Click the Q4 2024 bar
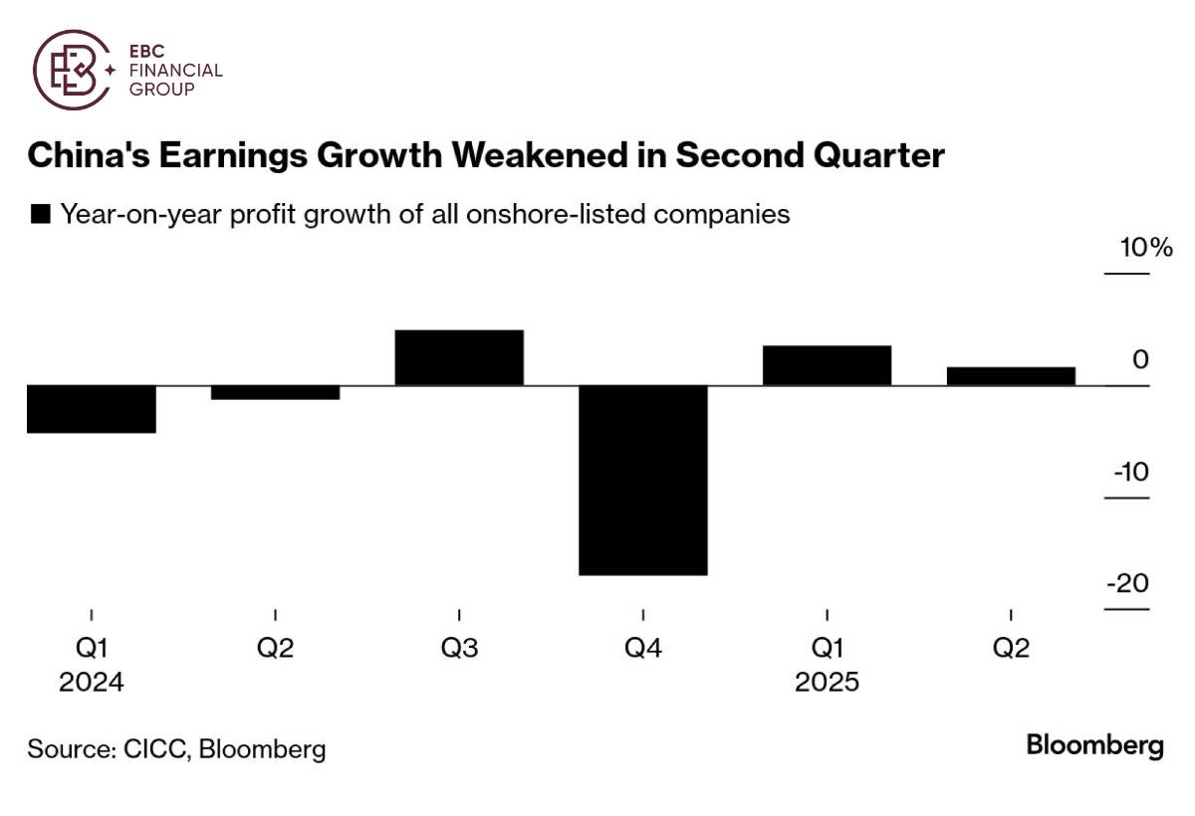coord(643,480)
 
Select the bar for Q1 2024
coord(92,409)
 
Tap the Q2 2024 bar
coord(275,392)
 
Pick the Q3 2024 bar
coord(459,357)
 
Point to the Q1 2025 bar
coord(827,365)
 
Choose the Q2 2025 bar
coord(1011,376)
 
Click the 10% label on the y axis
coord(1146,248)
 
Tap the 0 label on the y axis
coord(1140,359)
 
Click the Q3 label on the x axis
coord(459,649)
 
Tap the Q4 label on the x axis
coord(643,649)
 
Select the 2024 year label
coord(92,684)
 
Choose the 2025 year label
coord(827,684)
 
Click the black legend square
coord(42,214)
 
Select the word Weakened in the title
coord(562,156)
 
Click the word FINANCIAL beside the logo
coord(176,71)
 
